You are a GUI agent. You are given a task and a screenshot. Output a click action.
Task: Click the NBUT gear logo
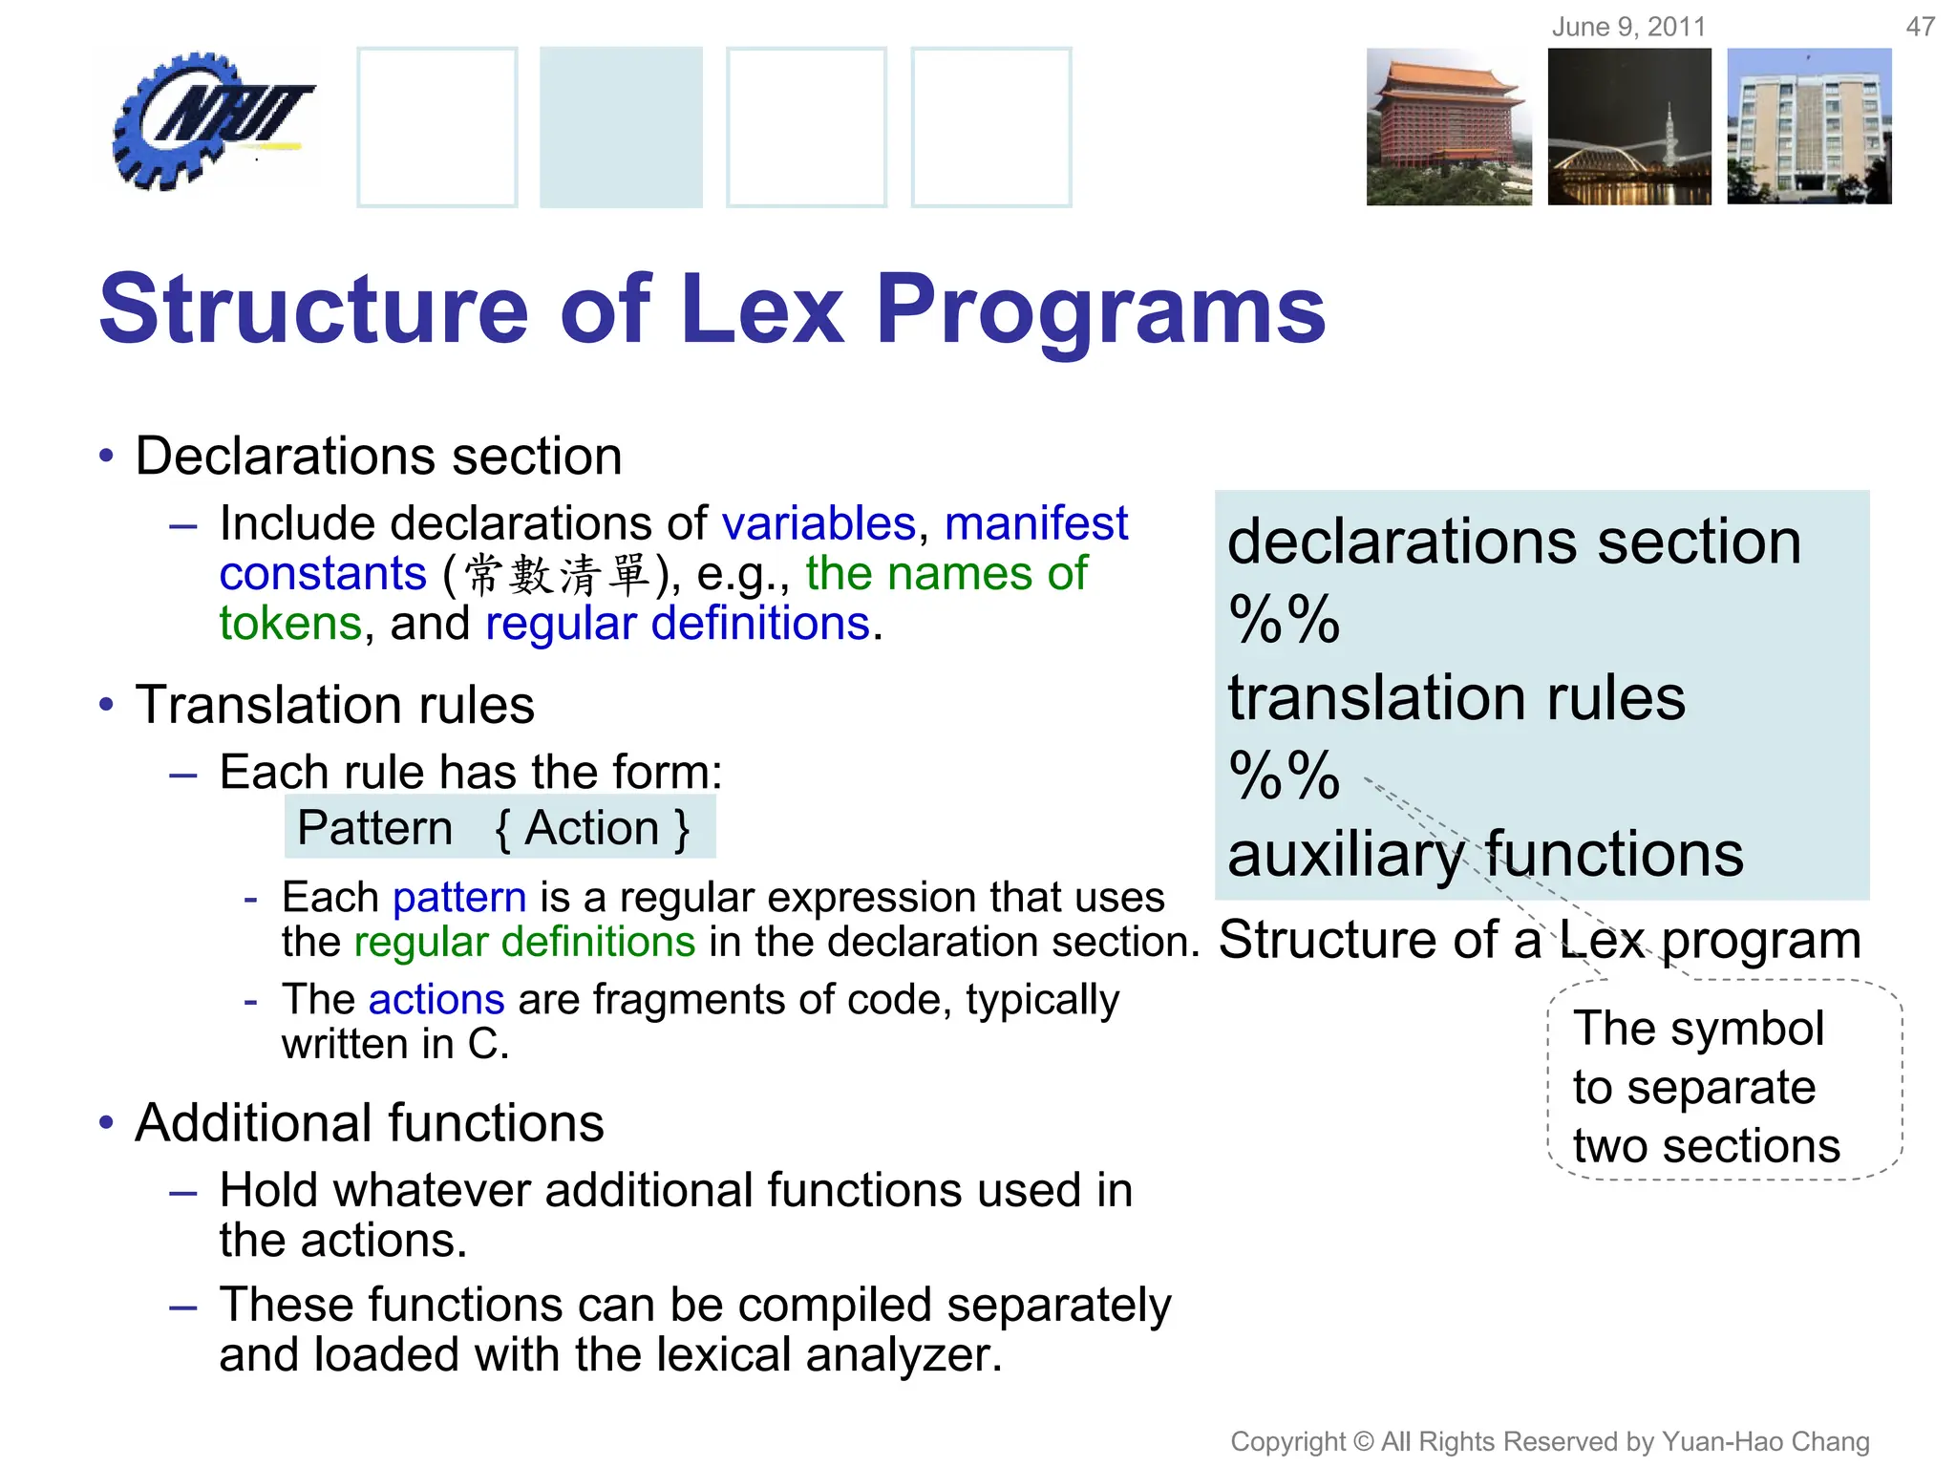(205, 119)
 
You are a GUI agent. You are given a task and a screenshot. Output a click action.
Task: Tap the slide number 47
(1920, 27)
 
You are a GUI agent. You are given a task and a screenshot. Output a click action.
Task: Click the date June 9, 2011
(1628, 27)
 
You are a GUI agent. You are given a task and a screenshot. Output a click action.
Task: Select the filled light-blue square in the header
(621, 127)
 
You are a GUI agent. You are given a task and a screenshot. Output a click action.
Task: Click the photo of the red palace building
(1448, 127)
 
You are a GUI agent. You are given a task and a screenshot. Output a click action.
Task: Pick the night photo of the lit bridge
(1629, 127)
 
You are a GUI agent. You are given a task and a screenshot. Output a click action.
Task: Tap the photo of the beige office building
(1809, 127)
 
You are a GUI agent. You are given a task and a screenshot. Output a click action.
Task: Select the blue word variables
(819, 523)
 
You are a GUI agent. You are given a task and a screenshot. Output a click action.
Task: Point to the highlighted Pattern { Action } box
(500, 827)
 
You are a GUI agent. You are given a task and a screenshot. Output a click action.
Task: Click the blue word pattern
(459, 898)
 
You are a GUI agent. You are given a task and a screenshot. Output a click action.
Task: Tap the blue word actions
(436, 1000)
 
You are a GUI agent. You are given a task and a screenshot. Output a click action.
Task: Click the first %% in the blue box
(1284, 620)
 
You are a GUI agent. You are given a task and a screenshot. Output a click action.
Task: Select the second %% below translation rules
(1284, 776)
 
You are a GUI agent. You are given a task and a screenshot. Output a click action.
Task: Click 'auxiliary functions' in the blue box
(1485, 854)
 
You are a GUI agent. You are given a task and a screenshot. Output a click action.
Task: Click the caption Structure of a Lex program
(1540, 940)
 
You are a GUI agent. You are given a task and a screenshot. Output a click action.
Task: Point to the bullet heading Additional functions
(369, 1123)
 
